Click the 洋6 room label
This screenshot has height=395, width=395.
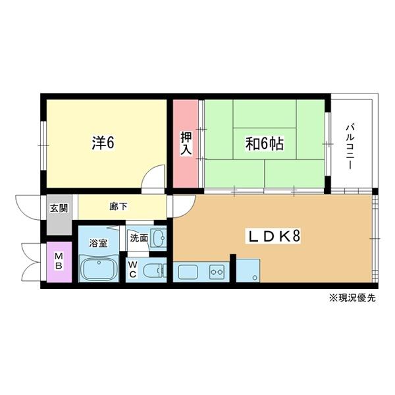coord(103,142)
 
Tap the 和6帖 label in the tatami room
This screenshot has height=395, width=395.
coord(265,144)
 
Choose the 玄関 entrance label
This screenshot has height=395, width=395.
coord(59,209)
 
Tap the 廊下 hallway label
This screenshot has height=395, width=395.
coord(118,205)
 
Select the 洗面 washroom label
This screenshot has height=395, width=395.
coord(138,238)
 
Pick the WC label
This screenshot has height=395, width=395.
coord(132,270)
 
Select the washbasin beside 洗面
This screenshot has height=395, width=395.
coord(157,238)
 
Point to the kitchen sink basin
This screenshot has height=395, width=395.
coord(188,271)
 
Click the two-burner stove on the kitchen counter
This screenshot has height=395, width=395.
coord(217,271)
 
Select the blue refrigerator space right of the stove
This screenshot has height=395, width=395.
coord(248,271)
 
